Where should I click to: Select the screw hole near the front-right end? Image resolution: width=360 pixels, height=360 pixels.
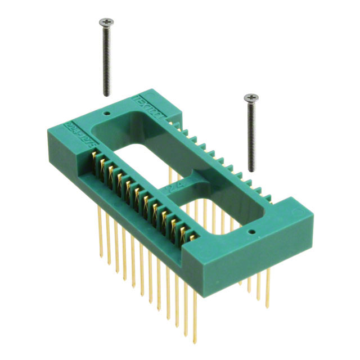(x=251, y=231)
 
